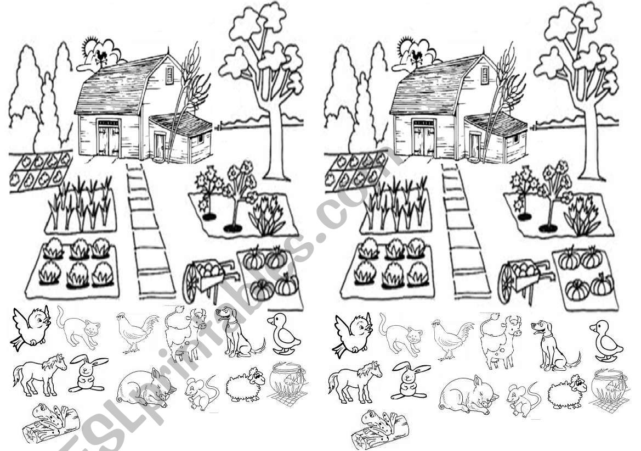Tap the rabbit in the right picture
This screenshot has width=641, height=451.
pos(410,381)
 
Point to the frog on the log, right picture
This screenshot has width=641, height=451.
pos(380,430)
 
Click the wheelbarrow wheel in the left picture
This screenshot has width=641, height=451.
pos(190,283)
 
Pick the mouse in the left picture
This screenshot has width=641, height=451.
pos(201,393)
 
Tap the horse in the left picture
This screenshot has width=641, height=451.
pos(39,375)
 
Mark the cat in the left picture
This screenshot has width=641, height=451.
pos(78,328)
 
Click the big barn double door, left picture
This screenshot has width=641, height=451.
pos(109,138)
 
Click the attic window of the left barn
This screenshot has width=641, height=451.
pos(169,75)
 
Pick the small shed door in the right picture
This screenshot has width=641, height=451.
pos(475,146)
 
